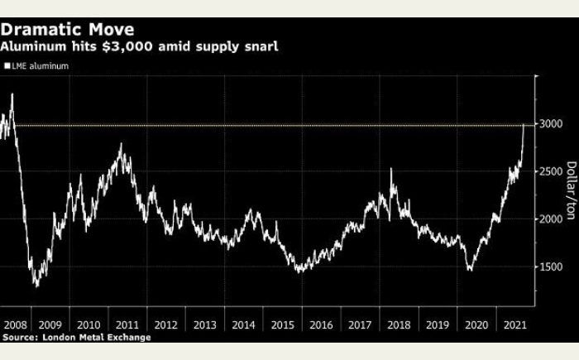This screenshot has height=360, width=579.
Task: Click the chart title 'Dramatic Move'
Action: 69,30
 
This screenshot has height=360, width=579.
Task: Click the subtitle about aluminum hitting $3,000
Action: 140,46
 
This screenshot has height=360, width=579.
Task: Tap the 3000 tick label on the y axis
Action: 552,124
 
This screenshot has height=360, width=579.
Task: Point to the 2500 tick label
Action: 552,172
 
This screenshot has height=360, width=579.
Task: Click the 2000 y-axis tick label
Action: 552,219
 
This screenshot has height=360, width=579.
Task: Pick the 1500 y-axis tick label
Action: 552,267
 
